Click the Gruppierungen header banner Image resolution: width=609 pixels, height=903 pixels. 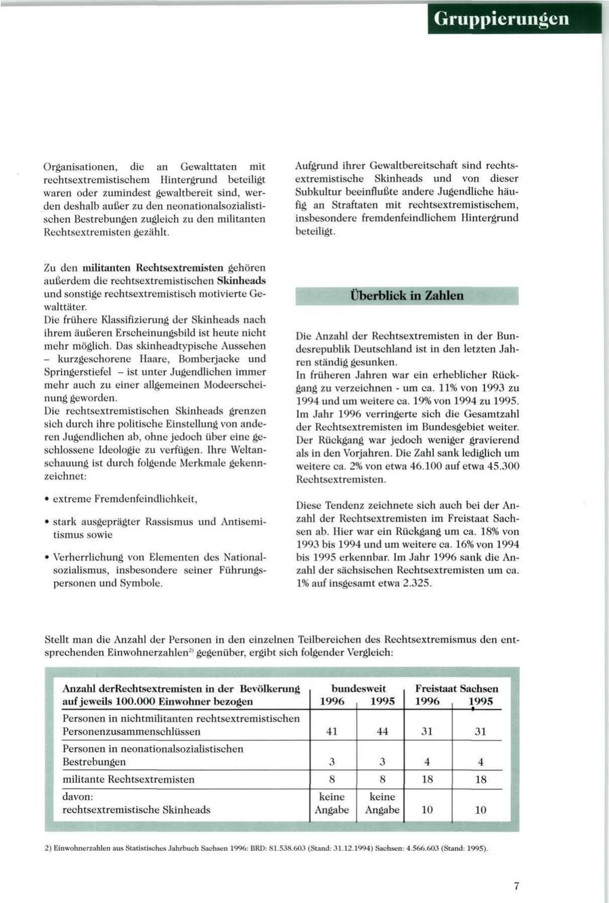pos(514,18)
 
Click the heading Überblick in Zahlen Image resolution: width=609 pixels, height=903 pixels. pos(407,296)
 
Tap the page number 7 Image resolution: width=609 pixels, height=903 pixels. pos(516,886)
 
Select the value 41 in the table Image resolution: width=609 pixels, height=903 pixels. pos(332,731)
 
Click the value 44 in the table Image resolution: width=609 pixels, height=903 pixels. pos(382,731)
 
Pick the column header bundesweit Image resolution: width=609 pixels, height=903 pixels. pos(359,689)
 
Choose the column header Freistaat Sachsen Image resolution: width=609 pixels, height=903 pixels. pos(457,689)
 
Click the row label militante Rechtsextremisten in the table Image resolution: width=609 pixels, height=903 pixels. pos(129,779)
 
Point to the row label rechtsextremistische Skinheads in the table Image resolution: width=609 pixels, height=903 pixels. pos(136,810)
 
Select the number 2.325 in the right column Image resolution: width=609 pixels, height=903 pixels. pos(416,583)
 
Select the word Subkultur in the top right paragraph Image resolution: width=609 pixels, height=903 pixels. pos(319,192)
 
